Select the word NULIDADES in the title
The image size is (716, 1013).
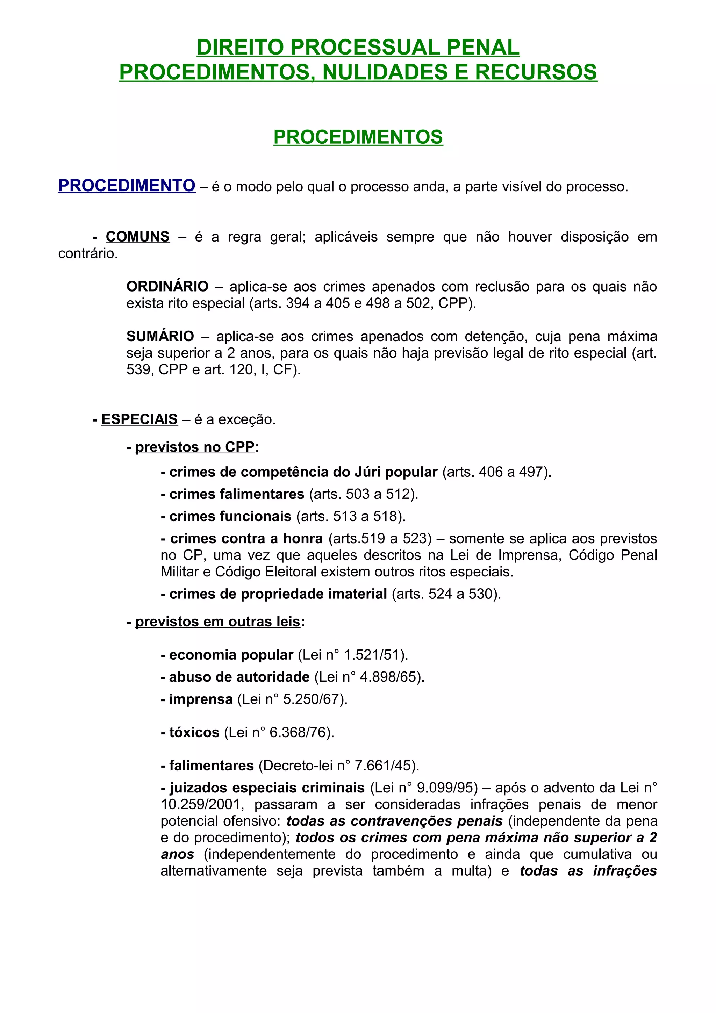click(384, 72)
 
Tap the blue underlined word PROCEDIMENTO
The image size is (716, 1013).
click(127, 186)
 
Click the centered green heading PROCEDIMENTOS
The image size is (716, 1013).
click(358, 137)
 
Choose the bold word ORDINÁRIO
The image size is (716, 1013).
click(167, 287)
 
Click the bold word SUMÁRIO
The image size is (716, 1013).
click(160, 337)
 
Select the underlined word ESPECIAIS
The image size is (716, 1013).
click(139, 419)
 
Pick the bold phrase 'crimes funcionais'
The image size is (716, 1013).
click(230, 516)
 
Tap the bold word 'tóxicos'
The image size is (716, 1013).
click(194, 732)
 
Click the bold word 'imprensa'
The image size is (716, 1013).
click(201, 699)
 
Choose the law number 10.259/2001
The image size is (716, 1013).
click(202, 804)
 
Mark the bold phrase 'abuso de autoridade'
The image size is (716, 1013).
click(239, 677)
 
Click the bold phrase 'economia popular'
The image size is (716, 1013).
click(231, 655)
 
